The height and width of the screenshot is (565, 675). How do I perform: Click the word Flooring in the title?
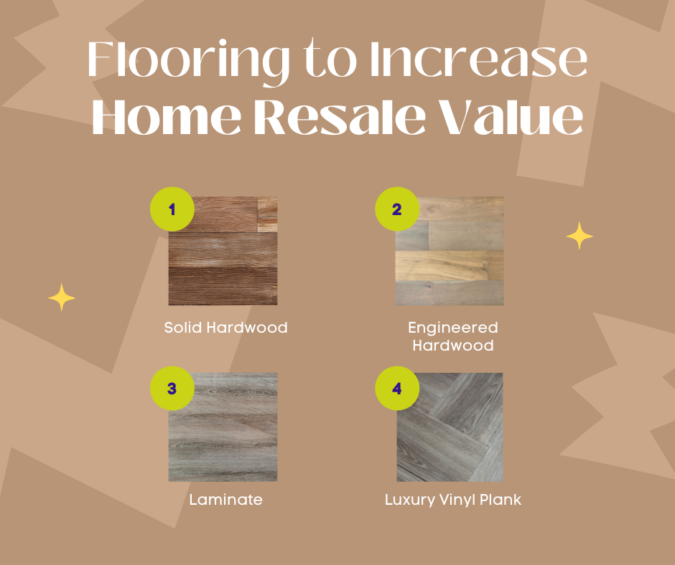[189, 60]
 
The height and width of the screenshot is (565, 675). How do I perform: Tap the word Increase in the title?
[478, 59]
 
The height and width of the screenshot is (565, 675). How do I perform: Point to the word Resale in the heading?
[340, 115]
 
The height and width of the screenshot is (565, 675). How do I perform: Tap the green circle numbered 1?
[172, 209]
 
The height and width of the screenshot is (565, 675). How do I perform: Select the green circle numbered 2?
[397, 209]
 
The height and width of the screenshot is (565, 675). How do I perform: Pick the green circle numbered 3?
[172, 389]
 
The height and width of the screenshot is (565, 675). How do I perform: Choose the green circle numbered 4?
[397, 389]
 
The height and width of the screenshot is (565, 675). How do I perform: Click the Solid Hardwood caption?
[225, 328]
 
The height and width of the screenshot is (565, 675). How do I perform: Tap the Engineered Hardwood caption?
[453, 336]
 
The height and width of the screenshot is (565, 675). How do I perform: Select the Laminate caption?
[225, 500]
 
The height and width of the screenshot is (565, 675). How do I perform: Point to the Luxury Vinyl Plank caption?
[453, 500]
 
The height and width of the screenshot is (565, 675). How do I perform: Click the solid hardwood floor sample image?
[223, 251]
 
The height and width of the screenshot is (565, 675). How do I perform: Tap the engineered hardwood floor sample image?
[450, 251]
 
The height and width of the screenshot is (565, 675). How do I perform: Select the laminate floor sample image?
[223, 427]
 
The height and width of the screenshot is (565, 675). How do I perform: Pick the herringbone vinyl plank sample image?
[450, 427]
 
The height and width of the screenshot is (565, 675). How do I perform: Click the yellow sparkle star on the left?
[62, 297]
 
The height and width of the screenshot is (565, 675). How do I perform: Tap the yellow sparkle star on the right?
[579, 236]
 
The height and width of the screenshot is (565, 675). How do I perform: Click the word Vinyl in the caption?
[457, 500]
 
